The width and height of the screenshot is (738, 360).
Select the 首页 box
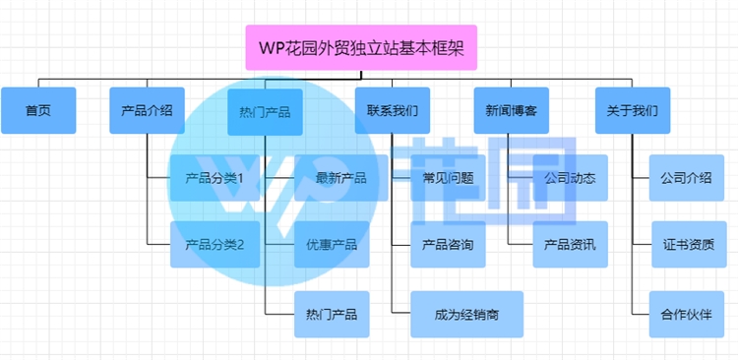[38, 110]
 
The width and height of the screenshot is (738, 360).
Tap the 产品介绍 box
[147, 110]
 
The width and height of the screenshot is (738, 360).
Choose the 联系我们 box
[392, 110]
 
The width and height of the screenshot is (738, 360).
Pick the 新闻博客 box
[511, 110]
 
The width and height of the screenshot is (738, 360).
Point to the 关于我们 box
[633, 110]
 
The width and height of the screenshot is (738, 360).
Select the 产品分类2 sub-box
[215, 244]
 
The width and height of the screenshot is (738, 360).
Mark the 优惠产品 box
[332, 244]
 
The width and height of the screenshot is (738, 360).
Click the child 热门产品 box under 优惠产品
[332, 315]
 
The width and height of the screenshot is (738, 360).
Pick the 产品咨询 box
[448, 244]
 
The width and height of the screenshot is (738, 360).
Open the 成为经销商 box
[466, 315]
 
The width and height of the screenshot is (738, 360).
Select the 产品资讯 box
[570, 244]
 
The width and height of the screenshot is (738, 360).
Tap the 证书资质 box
[688, 244]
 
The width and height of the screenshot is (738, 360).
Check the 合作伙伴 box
[688, 315]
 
